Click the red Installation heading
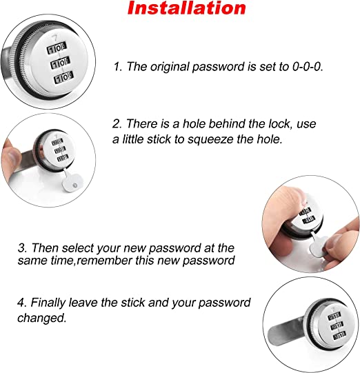(x=187, y=9)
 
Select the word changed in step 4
(x=132, y=319)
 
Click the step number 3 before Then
(x=117, y=248)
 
